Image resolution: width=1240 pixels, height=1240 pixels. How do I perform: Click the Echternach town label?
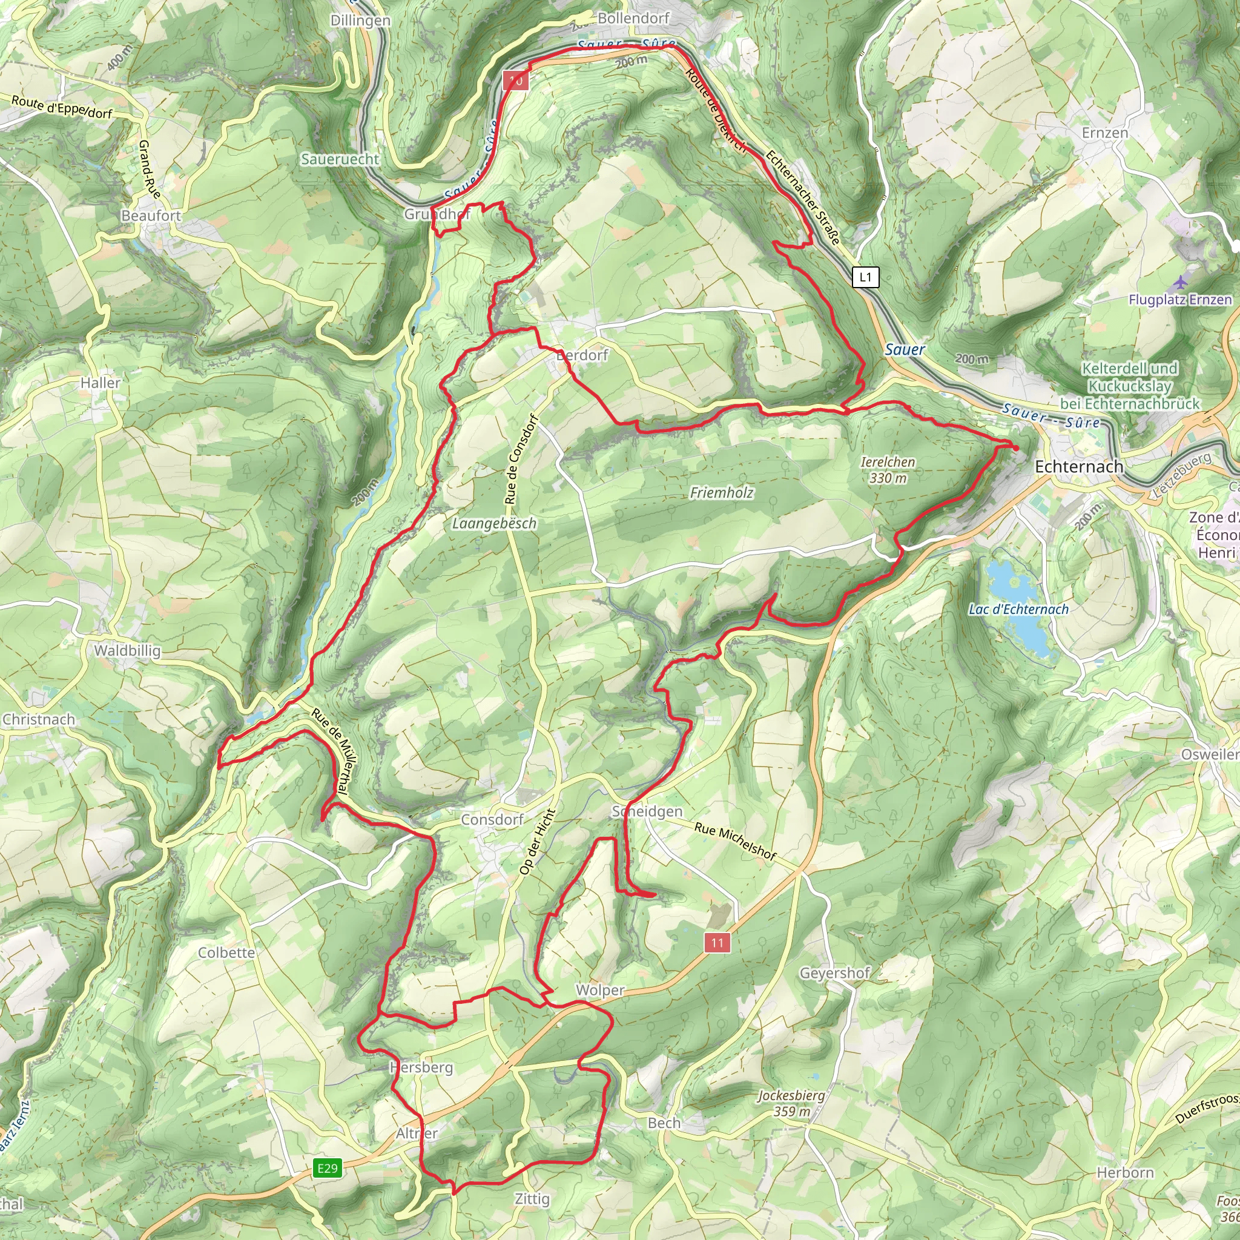click(x=1079, y=467)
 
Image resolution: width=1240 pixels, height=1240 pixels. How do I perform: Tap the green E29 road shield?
click(x=328, y=1167)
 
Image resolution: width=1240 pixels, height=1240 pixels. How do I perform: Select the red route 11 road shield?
click(x=717, y=943)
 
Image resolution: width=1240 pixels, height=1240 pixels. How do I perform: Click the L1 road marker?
click(x=865, y=277)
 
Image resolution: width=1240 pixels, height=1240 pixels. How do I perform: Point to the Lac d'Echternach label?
click(x=1018, y=609)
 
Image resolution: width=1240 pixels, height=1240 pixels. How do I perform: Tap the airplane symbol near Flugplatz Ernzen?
click(x=1179, y=282)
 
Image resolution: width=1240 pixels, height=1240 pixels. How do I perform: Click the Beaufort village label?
click(x=151, y=216)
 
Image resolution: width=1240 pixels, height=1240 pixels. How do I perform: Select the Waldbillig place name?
click(x=127, y=651)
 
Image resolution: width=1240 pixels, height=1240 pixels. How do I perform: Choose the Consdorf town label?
click(x=492, y=820)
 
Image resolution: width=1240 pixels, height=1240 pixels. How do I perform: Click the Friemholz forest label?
click(x=721, y=493)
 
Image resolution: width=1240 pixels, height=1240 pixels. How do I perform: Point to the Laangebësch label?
click(x=494, y=524)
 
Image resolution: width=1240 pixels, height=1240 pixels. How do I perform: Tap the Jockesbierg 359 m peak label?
click(x=791, y=1103)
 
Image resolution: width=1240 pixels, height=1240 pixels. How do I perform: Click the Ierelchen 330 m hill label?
click(x=888, y=470)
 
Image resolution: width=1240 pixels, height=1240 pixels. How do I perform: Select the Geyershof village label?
click(x=834, y=973)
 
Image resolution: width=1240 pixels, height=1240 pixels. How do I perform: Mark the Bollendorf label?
click(x=633, y=18)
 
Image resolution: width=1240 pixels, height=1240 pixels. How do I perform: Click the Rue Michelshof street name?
click(x=736, y=842)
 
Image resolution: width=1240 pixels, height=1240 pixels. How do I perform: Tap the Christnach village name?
click(x=39, y=719)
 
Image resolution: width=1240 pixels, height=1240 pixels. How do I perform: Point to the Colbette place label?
click(x=226, y=952)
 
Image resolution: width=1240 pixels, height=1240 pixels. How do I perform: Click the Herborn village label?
click(x=1125, y=1173)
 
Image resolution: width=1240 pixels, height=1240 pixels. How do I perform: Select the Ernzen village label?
click(x=1104, y=133)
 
